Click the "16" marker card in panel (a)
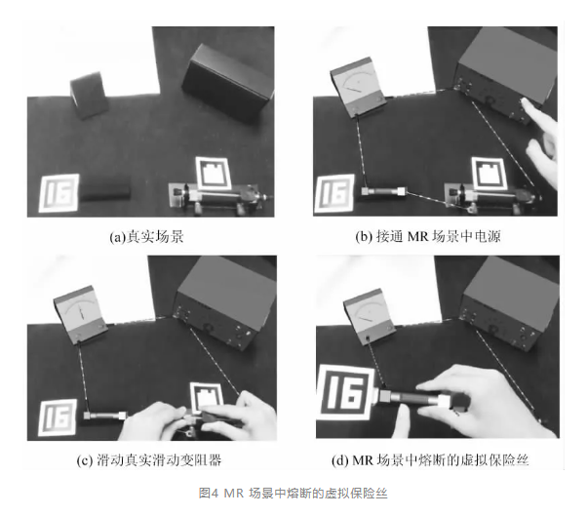[x=59, y=193]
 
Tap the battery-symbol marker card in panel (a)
[x=213, y=174]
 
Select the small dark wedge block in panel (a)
[x=90, y=96]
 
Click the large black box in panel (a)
[x=227, y=83]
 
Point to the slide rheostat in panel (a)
[x=217, y=198]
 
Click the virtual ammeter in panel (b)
[x=358, y=88]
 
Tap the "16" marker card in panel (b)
[x=334, y=193]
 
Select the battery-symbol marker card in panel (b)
[x=489, y=174]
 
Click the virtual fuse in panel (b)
[x=383, y=191]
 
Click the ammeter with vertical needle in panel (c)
[x=80, y=314]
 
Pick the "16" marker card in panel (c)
[x=58, y=417]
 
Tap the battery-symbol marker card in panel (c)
[x=206, y=397]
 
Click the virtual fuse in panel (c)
[x=105, y=416]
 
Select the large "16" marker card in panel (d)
[x=345, y=392]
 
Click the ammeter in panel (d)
[x=369, y=316]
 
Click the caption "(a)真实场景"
[x=146, y=237]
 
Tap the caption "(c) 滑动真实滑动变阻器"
[x=149, y=460]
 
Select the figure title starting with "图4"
[x=293, y=494]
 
